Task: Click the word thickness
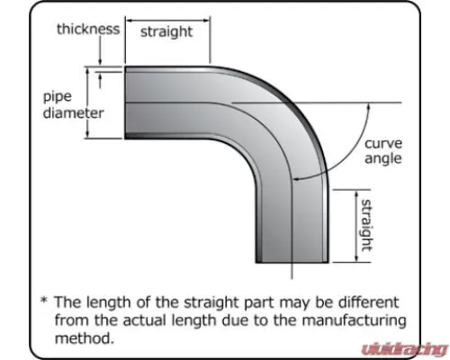click(x=88, y=29)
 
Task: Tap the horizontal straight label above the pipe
click(x=166, y=31)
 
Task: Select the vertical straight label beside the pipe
click(x=366, y=225)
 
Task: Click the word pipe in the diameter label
click(x=58, y=97)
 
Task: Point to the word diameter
click(x=74, y=113)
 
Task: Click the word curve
click(x=383, y=143)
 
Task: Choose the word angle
click(x=382, y=159)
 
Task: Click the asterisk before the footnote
click(x=44, y=300)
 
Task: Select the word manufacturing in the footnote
click(x=354, y=320)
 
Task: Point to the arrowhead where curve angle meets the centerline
click(x=296, y=179)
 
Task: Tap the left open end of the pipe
click(x=125, y=103)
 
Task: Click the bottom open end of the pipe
click(x=292, y=262)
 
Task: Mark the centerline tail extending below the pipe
click(x=292, y=271)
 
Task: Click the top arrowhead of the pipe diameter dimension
click(x=88, y=70)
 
